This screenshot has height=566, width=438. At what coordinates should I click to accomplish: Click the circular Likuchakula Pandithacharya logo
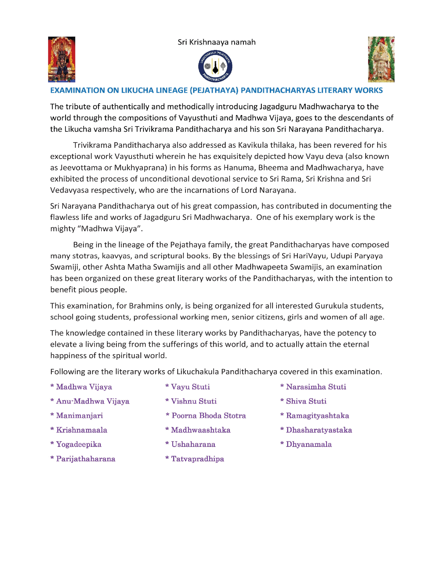(x=215, y=66)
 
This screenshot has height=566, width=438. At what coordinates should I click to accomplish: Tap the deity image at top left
(x=62, y=59)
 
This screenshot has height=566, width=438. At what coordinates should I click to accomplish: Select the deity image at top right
(x=381, y=59)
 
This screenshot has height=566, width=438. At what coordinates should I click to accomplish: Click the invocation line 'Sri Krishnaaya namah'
(x=217, y=42)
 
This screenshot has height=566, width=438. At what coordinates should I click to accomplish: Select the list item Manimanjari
(x=79, y=415)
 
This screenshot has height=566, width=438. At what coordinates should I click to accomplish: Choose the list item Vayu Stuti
(x=190, y=387)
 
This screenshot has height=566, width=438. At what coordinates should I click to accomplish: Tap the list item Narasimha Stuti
(x=316, y=387)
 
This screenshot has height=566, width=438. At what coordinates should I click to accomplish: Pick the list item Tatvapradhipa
(x=197, y=459)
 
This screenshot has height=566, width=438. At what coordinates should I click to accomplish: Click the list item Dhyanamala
(x=309, y=444)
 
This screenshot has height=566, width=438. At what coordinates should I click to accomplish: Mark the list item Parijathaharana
(x=86, y=459)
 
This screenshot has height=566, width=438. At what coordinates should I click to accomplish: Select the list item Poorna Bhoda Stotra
(x=209, y=415)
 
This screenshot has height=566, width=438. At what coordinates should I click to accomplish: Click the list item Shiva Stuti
(x=306, y=401)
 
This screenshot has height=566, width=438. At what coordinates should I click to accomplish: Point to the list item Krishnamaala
(x=81, y=430)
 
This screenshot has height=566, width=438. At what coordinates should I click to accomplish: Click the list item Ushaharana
(x=193, y=444)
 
